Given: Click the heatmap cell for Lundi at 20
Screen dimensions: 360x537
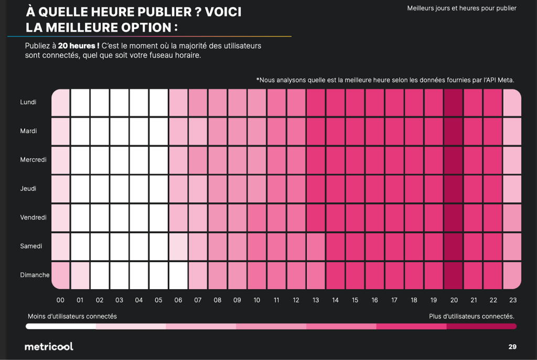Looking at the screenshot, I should click(454, 102).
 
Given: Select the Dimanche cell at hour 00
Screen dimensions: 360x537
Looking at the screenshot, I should click(60, 275).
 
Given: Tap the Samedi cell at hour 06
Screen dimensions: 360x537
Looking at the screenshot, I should click(178, 246).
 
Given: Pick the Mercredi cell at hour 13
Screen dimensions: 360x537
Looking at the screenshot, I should click(316, 160).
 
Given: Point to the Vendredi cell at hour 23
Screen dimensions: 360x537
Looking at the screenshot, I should click(512, 217).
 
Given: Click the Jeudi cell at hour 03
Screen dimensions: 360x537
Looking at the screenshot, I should click(120, 189).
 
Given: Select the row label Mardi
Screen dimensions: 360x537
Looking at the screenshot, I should click(28, 131).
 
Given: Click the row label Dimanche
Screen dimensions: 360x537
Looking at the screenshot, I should click(35, 275).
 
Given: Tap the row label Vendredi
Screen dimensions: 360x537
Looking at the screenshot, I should click(34, 217).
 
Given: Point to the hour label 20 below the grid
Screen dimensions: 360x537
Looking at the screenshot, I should click(454, 300).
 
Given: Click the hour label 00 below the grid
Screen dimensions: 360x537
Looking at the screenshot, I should click(60, 300).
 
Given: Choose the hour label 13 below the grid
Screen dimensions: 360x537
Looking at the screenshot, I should click(316, 300).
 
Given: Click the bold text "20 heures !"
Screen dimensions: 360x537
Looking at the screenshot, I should click(79, 46).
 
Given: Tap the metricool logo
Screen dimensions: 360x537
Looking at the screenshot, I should click(49, 346).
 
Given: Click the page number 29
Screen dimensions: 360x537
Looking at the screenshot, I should click(512, 346).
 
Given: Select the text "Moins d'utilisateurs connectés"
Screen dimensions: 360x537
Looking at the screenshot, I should click(72, 317).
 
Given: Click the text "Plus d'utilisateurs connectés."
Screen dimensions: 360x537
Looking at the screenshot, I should click(471, 317).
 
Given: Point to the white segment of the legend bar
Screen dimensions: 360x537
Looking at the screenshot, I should click(61, 326).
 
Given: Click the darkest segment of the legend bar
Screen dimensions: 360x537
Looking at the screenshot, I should click(481, 326).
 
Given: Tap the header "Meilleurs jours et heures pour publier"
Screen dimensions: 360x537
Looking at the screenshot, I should click(461, 8).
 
